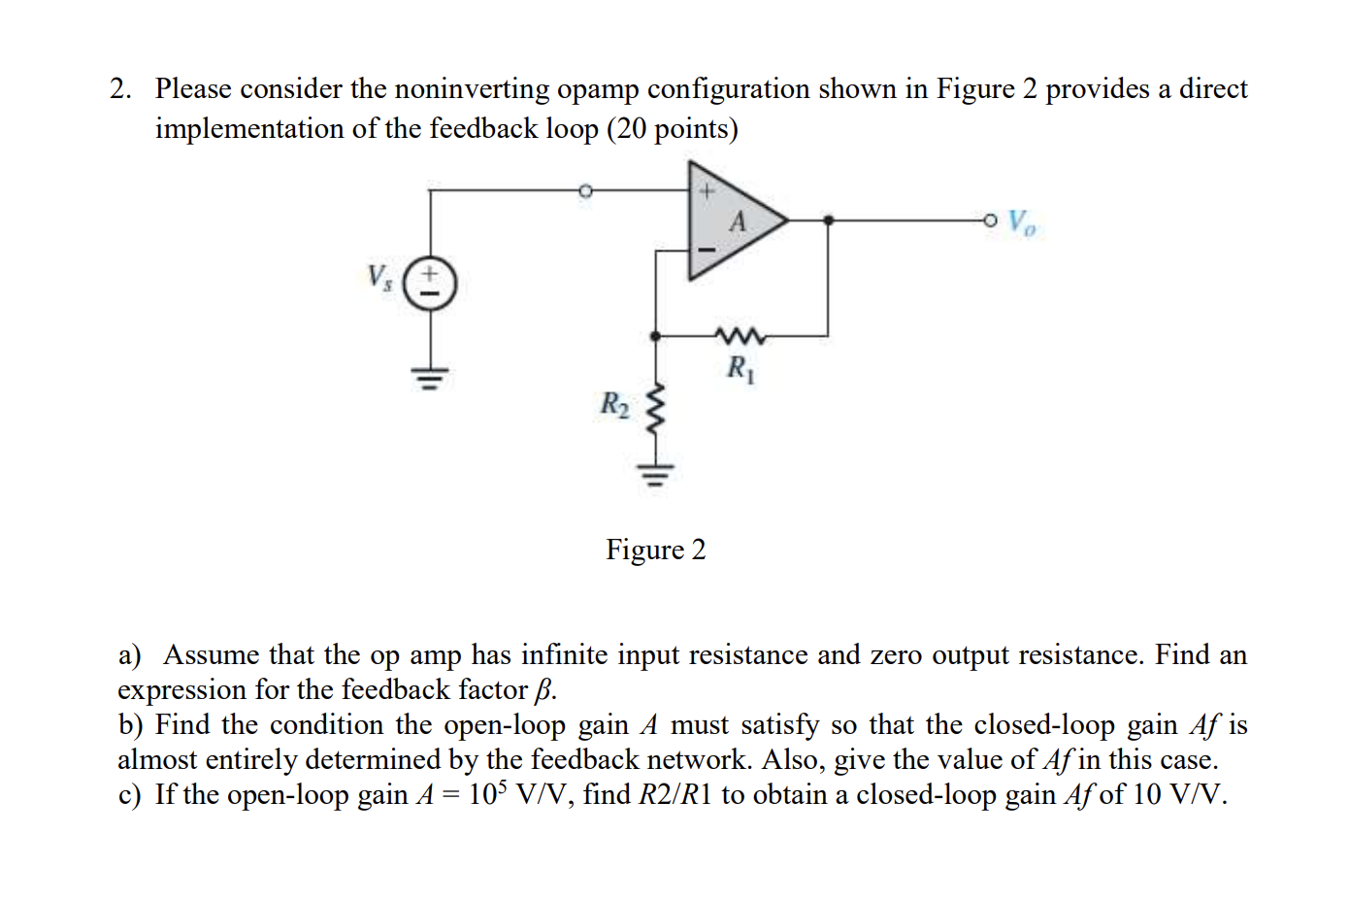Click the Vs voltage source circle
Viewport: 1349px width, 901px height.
(x=429, y=284)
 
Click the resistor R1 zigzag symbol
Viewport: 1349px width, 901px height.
(x=740, y=336)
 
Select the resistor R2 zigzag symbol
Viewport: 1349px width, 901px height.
(x=656, y=409)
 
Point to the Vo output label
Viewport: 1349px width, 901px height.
(x=1021, y=222)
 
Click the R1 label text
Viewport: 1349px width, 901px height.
(x=740, y=368)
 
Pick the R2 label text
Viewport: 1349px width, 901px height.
(x=614, y=403)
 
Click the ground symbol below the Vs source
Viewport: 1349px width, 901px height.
(x=429, y=376)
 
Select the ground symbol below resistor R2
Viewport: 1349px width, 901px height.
(x=656, y=475)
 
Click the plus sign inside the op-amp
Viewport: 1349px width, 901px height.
(x=707, y=191)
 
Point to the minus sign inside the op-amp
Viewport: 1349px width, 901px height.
(x=707, y=250)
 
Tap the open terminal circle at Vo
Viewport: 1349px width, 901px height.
(x=989, y=220)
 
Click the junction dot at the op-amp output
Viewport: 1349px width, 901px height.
(x=828, y=220)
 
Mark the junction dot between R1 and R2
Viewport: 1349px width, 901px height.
(x=656, y=336)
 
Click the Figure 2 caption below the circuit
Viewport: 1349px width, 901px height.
(x=656, y=550)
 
